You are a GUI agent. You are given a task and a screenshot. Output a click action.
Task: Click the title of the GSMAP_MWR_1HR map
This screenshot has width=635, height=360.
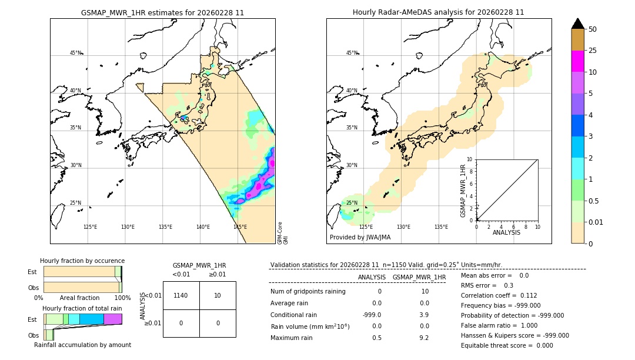tap(162, 12)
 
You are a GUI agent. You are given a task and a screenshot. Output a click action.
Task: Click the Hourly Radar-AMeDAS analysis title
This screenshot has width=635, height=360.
tap(438, 12)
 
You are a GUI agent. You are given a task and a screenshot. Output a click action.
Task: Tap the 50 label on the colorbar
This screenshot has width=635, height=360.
tap(593, 29)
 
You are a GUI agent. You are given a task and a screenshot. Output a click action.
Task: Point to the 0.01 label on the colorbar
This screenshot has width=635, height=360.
tap(597, 222)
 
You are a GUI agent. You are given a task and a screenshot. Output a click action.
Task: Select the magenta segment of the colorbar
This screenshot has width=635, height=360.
tap(578, 61)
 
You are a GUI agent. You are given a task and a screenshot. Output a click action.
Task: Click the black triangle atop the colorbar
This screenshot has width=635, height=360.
tap(578, 24)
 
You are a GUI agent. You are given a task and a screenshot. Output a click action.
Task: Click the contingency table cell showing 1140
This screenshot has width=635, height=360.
tap(181, 295)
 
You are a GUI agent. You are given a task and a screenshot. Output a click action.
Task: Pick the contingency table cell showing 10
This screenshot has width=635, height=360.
tap(218, 295)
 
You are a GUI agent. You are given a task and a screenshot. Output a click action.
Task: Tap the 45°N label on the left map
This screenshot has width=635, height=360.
tap(75, 53)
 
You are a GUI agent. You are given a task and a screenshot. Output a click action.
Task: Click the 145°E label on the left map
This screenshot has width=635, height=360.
tap(240, 227)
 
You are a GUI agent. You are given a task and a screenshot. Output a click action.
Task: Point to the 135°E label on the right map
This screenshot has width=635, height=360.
tap(441, 227)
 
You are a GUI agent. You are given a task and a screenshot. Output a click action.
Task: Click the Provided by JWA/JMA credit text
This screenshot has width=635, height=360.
tap(360, 238)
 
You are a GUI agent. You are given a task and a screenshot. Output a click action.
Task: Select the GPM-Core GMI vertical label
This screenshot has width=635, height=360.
tap(283, 233)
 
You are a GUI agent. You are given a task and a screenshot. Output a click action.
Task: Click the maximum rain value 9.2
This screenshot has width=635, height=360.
tap(425, 338)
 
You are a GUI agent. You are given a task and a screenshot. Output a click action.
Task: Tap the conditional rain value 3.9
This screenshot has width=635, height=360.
tap(425, 315)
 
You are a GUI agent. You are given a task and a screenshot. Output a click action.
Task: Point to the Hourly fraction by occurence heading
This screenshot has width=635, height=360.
tap(82, 261)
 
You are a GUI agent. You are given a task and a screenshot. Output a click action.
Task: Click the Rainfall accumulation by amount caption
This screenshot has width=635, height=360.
tap(82, 345)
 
